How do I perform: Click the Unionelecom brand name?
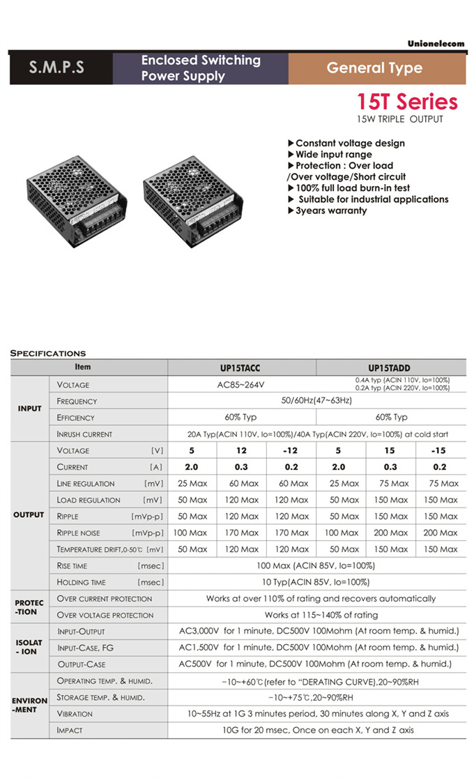tap(436, 44)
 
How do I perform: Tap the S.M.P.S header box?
tap(56, 68)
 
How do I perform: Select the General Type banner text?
tap(374, 68)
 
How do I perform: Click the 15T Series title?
tap(408, 102)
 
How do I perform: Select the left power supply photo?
tap(77, 201)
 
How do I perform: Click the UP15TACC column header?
tap(242, 367)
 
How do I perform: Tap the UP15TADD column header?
tap(391, 367)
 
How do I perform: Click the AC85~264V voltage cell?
tap(242, 384)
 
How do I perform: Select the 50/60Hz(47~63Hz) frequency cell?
tap(316, 401)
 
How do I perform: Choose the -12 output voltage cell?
tap(291, 450)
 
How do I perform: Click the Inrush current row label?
tap(84, 434)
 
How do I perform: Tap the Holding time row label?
tap(82, 582)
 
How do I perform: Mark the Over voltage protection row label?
tap(105, 615)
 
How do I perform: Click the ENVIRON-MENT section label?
tap(29, 705)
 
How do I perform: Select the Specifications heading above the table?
tap(48, 353)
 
